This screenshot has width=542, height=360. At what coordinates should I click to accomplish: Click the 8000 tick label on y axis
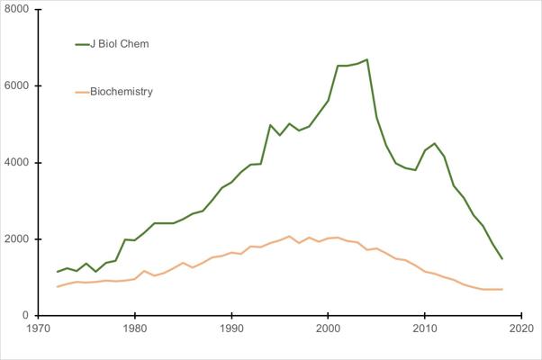tap(17, 9)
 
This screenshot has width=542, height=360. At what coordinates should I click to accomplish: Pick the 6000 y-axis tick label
tap(17, 86)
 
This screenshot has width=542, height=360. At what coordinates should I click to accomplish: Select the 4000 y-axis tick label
tap(17, 163)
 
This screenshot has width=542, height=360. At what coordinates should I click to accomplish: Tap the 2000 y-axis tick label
tap(17, 239)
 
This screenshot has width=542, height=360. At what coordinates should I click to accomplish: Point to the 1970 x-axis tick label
tap(38, 329)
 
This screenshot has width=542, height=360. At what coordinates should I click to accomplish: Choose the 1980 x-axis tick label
tap(135, 329)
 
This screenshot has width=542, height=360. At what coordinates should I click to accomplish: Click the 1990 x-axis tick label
tap(231, 329)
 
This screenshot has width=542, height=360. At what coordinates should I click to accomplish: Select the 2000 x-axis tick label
tap(329, 329)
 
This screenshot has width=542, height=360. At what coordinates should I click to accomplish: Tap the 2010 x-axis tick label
tap(425, 329)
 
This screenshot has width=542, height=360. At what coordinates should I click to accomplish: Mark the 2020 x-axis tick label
tap(521, 329)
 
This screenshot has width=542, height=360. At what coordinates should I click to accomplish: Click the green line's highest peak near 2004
tap(366, 59)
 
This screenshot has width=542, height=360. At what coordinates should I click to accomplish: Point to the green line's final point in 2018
tap(502, 259)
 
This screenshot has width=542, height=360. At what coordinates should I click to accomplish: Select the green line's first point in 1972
tap(58, 272)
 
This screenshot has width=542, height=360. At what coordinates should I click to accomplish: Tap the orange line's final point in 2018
tap(502, 289)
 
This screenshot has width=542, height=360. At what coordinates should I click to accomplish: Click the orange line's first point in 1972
tap(58, 287)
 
